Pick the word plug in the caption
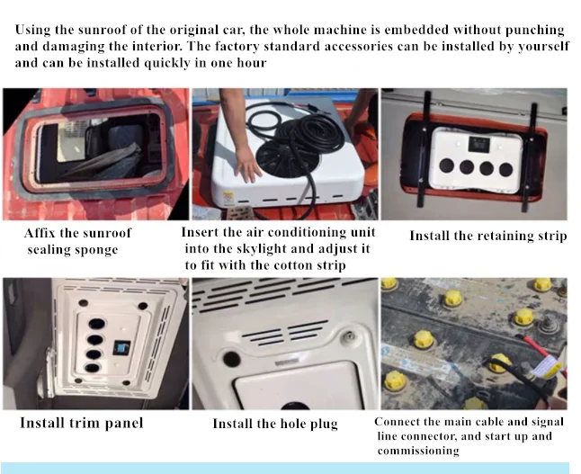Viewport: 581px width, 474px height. [x=324, y=425]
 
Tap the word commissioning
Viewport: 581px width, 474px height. [x=418, y=451]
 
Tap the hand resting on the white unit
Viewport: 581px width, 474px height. [x=246, y=165]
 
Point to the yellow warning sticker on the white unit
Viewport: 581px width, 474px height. [x=228, y=199]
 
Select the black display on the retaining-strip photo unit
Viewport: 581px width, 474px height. [x=478, y=144]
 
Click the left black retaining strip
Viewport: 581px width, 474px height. [x=424, y=149]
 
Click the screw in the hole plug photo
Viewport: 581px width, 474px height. [x=349, y=337]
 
